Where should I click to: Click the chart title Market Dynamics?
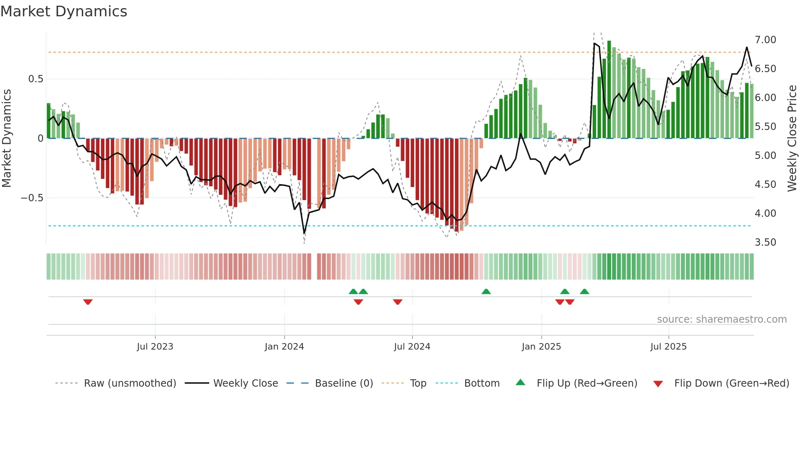coord(64,11)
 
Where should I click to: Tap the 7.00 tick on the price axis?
coord(765,40)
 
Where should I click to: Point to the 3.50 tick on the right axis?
coord(765,242)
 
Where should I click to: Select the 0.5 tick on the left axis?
coord(35,79)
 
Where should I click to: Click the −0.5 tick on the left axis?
coord(32,198)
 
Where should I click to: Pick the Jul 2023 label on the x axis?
coord(155,347)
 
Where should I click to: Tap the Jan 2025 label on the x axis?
coord(541,347)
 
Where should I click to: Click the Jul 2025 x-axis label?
coord(668,347)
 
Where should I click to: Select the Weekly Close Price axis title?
coord(792,138)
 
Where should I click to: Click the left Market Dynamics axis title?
coord(7,138)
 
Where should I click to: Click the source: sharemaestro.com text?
coord(722,319)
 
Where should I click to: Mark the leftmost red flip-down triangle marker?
coord(88,302)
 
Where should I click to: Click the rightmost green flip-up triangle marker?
coord(584,291)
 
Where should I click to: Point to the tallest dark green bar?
coord(609,90)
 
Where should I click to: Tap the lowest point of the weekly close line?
coord(304,233)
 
